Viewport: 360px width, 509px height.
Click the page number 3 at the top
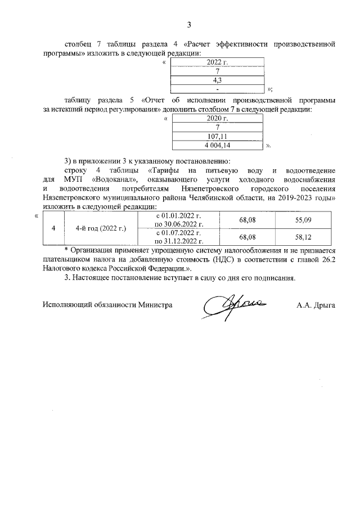click(189, 25)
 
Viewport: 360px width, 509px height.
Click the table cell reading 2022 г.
click(217, 62)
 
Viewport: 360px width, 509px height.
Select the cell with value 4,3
click(217, 80)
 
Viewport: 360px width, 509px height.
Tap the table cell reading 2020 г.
click(217, 118)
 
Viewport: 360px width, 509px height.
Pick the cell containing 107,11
click(217, 136)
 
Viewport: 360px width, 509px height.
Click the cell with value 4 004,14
click(217, 145)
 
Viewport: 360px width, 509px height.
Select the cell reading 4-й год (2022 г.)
click(101, 229)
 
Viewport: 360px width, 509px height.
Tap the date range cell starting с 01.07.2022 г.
click(178, 237)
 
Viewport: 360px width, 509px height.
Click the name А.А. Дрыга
click(316, 305)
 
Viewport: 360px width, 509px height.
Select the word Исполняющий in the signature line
click(66, 305)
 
